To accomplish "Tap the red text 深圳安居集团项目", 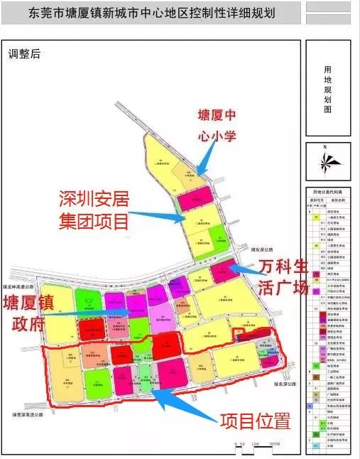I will pos(94,209).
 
